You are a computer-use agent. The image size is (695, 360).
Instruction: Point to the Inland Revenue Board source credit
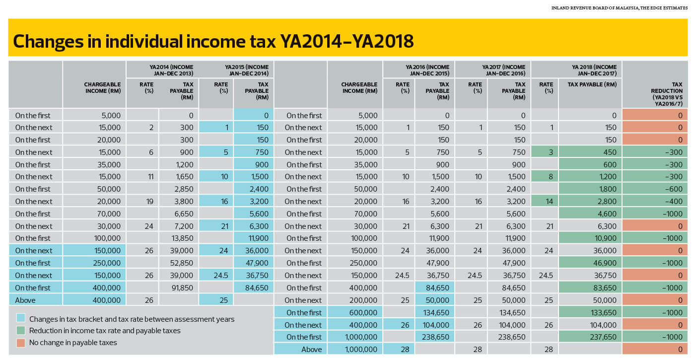point(620,8)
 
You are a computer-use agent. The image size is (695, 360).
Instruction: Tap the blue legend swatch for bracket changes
point(21,318)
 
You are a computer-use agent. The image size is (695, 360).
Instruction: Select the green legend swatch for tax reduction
point(21,330)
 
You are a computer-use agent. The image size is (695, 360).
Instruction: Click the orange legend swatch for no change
point(21,343)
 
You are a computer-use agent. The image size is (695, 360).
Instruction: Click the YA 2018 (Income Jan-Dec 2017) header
point(594,70)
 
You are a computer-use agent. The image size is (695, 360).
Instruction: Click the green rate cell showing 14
point(545,202)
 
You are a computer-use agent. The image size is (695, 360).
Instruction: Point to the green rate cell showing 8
point(545,177)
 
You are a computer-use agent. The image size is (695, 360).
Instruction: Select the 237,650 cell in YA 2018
point(590,337)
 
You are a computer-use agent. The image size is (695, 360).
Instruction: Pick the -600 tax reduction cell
point(655,189)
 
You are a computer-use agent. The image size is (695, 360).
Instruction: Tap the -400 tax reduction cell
point(655,202)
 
